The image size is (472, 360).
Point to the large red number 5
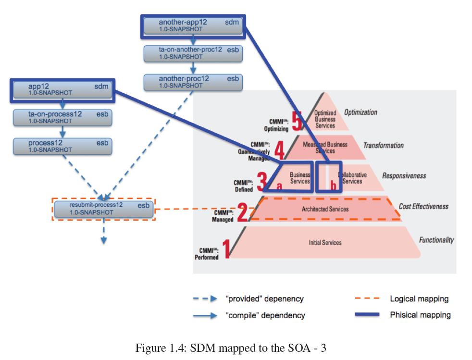297,121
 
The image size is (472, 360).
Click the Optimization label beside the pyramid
360,112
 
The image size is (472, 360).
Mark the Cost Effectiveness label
423,206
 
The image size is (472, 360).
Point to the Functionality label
436,240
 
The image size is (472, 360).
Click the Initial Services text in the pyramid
325,243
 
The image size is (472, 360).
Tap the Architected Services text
325,209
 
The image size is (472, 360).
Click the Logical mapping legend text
419,299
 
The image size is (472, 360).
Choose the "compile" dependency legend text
265,316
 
